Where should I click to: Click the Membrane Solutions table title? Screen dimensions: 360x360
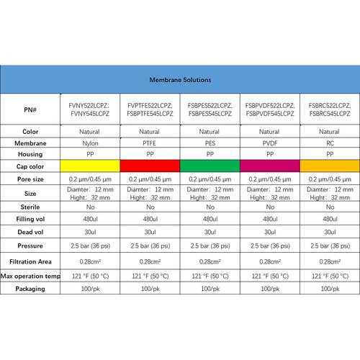pos(179,81)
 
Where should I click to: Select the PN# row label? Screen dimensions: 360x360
pos(30,109)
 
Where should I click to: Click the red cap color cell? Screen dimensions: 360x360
pos(149,166)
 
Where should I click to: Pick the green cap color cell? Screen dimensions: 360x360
pos(209,166)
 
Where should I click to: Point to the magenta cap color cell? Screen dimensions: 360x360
pos(269,166)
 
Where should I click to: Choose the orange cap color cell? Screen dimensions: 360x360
pos(329,166)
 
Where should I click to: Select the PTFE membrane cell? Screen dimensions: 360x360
pos(149,143)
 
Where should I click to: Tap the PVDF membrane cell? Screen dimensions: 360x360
pos(269,143)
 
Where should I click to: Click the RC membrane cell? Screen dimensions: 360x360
pos(329,143)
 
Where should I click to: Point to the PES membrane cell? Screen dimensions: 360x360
pos(209,143)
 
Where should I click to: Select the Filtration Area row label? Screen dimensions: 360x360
pos(30,261)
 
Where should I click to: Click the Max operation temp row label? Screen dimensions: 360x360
pos(30,275)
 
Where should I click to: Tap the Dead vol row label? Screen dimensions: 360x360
pos(30,232)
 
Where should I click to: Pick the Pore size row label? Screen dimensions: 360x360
pos(30,178)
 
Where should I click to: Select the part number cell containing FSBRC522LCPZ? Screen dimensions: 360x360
pos(329,109)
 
